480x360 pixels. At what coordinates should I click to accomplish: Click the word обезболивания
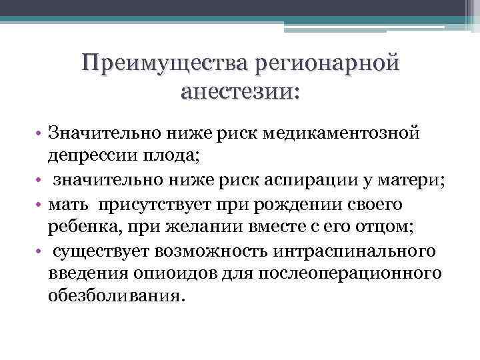pos(113,296)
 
